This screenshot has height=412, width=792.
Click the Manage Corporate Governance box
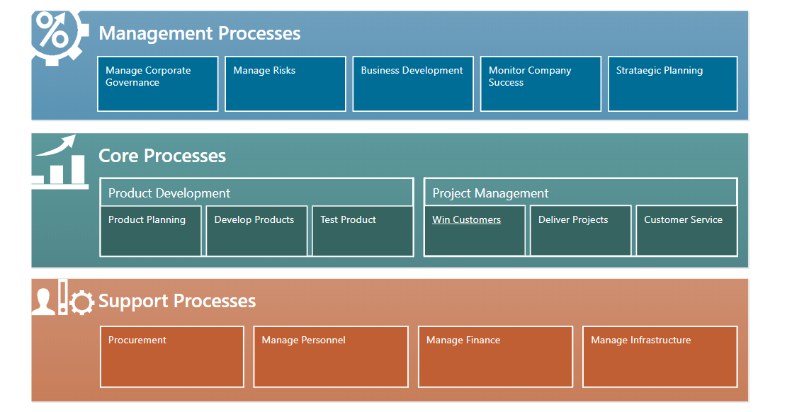(x=157, y=84)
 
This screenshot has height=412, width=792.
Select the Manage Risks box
(x=285, y=84)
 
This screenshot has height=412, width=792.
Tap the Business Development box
(x=413, y=84)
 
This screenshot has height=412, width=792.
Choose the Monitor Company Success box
(x=541, y=84)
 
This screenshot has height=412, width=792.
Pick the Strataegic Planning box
(x=673, y=84)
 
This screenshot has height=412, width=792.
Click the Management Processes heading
(x=200, y=33)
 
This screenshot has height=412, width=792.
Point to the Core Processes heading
(x=162, y=156)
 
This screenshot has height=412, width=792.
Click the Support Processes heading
(x=177, y=301)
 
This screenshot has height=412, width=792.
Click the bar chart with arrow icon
(x=60, y=161)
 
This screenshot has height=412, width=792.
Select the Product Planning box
(x=151, y=231)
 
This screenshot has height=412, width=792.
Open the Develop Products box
(x=256, y=231)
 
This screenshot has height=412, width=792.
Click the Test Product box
(x=363, y=231)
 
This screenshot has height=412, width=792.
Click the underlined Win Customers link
(x=467, y=219)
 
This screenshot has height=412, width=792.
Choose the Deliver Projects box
(x=581, y=231)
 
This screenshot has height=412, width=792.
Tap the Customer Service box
(x=687, y=231)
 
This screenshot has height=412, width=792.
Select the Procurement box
(x=172, y=357)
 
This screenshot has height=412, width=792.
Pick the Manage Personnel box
(x=331, y=357)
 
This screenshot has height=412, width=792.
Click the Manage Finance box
(x=495, y=357)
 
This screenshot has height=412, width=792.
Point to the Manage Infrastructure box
(x=660, y=357)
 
